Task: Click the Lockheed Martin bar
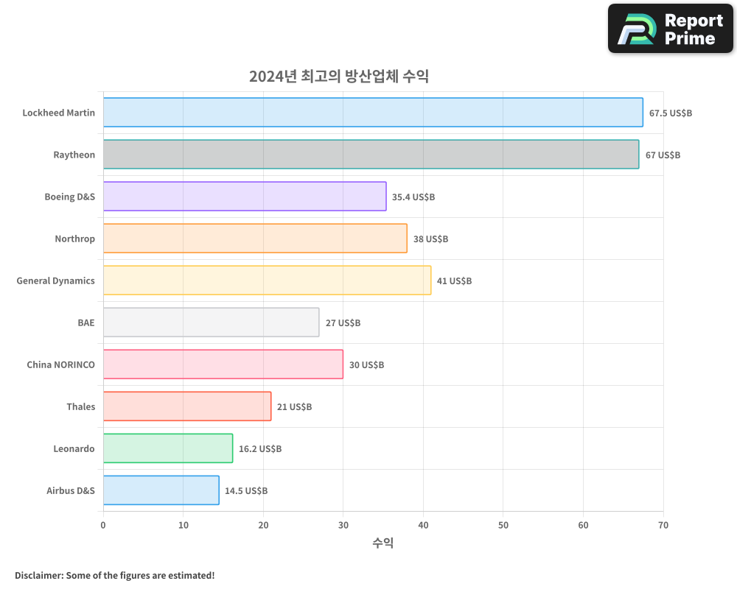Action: tap(373, 113)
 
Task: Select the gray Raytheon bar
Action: tap(371, 155)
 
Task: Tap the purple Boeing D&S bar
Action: tap(245, 197)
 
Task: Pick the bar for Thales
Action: tap(187, 406)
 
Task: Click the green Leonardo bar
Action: tap(168, 448)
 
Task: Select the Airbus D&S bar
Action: tap(161, 490)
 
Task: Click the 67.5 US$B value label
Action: tap(670, 113)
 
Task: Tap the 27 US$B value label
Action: tap(343, 323)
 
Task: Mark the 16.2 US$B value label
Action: tap(259, 449)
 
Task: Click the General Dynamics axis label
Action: tap(56, 281)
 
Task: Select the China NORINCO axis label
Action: tap(60, 364)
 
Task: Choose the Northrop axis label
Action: tap(74, 239)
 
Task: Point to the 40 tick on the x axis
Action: tap(423, 526)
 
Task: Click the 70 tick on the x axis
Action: tap(663, 526)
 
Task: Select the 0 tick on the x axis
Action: tap(103, 526)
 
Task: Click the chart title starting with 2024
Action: tap(338, 77)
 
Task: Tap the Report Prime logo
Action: tap(670, 29)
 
